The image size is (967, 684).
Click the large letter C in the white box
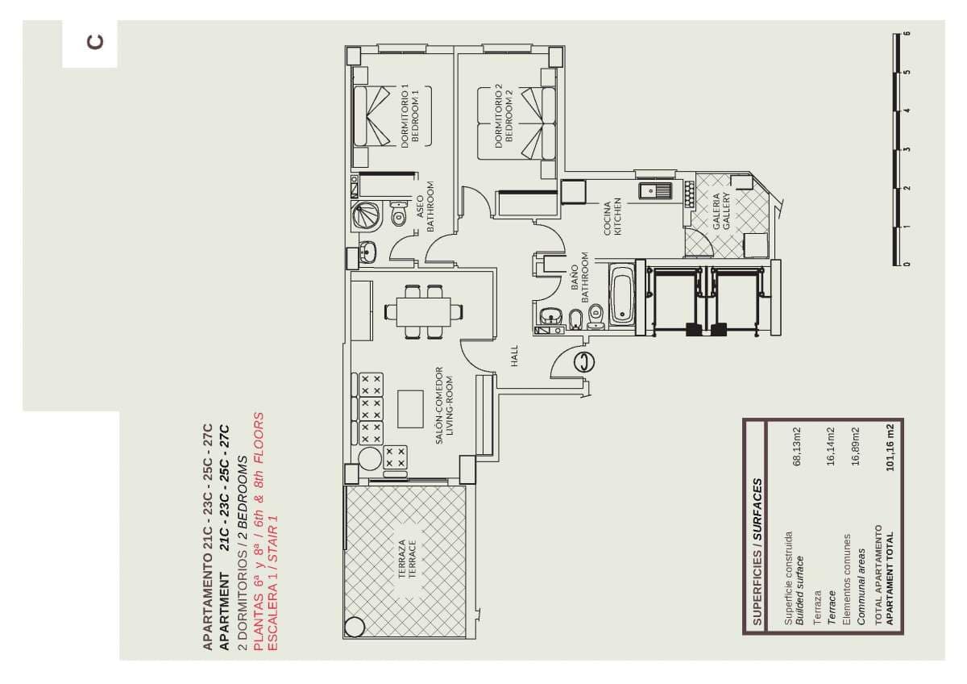coord(95,42)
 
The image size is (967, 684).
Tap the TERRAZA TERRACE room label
coord(407,558)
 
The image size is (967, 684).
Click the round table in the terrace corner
coord(354,627)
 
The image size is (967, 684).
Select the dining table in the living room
coord(424,312)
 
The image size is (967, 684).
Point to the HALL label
coord(514,356)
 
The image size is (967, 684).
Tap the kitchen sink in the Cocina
coord(655,190)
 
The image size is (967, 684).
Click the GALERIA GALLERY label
coord(721,211)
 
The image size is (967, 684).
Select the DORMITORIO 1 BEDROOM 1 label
coord(410,116)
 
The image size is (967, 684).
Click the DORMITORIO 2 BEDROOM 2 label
coord(504,116)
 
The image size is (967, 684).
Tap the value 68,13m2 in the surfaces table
coord(797,446)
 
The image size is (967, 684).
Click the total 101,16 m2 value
coord(890,447)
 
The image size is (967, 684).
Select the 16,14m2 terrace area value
coord(831,446)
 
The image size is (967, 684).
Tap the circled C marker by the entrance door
coord(584,361)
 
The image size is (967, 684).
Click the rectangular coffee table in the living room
coord(410,409)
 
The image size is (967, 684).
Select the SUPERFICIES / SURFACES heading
coord(757,552)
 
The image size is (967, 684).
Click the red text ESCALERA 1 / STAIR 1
coord(273,583)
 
